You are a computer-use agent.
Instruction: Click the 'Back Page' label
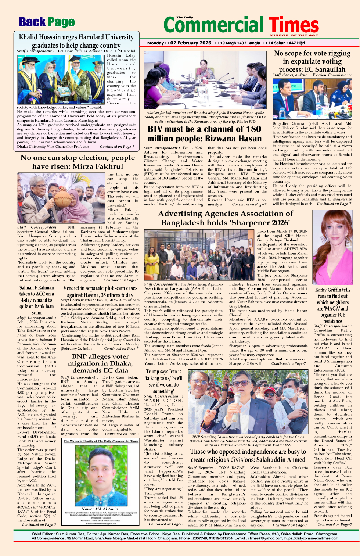[x=47, y=22]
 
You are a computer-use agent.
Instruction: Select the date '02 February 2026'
[x=191, y=43]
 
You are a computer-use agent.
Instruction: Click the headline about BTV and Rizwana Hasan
[x=205, y=134]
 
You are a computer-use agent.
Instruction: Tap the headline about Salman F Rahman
[x=36, y=300]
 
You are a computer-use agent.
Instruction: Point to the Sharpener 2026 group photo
[x=200, y=255]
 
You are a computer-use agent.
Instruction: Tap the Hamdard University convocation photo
[x=61, y=80]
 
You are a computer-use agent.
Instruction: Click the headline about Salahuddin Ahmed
[x=248, y=455]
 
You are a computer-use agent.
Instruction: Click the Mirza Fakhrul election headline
[x=78, y=162]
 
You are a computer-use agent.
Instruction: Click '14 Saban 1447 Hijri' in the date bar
[x=286, y=43]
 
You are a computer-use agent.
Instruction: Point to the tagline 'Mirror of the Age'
[x=294, y=35]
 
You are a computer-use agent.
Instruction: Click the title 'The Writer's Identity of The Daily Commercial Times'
[x=101, y=441]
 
